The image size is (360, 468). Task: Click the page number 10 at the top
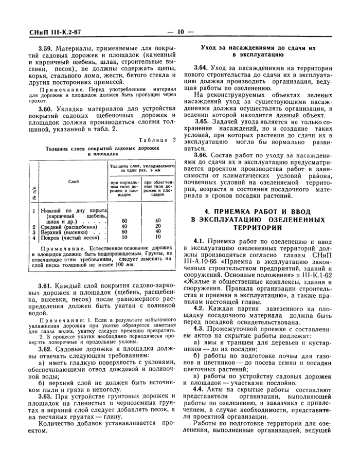pos(180,31)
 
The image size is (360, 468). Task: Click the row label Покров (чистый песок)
pos(69,238)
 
